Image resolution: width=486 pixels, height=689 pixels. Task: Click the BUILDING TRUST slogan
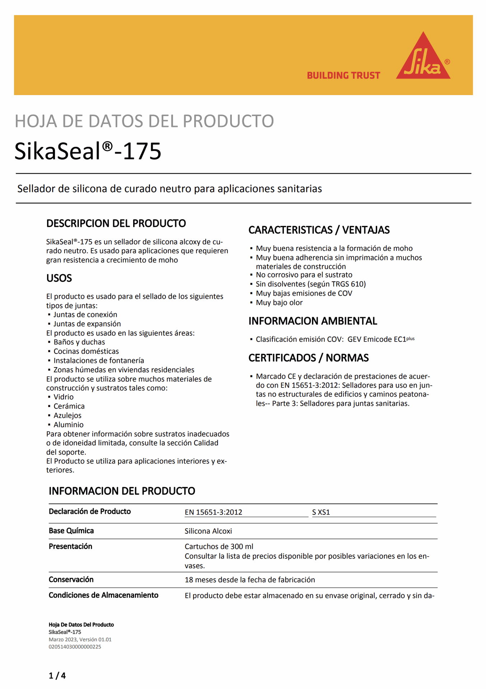coord(343,75)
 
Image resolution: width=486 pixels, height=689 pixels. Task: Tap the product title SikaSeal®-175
coord(88,151)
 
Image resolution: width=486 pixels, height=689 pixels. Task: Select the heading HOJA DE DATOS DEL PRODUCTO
coord(144,121)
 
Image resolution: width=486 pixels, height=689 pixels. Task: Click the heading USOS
coord(59,278)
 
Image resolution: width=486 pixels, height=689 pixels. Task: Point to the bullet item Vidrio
coord(64,397)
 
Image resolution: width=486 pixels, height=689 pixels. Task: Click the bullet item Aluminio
coord(69,425)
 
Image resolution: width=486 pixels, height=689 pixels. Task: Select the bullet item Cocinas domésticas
coord(86,351)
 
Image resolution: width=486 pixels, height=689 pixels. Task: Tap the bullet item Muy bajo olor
coord(279,303)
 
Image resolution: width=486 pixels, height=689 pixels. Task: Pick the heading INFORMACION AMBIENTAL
coord(313,321)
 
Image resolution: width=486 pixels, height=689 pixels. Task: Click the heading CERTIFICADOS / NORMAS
coord(308,358)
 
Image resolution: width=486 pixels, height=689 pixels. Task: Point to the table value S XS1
coord(321,512)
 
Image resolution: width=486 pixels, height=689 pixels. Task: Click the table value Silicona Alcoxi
coord(208,531)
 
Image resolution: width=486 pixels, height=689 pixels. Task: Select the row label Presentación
coord(70,546)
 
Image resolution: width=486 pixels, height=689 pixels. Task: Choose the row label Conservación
coord(71,579)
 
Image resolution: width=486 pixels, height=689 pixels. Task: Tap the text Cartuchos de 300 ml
coord(219,547)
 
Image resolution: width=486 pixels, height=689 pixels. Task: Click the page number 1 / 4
coord(57,676)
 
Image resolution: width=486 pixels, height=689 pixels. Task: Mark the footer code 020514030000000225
coord(75,647)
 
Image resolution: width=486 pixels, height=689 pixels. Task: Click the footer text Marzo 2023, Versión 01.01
coord(80,639)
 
